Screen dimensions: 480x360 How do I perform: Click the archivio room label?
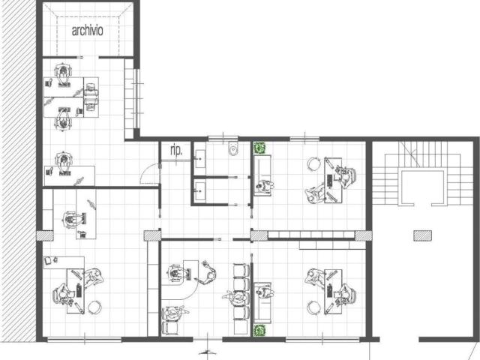87,31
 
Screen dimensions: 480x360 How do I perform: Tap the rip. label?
176,150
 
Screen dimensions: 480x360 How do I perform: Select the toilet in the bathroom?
233,148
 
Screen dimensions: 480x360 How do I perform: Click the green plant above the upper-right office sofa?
259,148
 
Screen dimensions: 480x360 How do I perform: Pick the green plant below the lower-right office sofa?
259,330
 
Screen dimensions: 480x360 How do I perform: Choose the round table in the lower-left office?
94,307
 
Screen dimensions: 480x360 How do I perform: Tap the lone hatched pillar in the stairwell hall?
422,235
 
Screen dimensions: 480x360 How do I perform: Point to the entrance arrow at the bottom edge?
207,352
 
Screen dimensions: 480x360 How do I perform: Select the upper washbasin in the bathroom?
200,159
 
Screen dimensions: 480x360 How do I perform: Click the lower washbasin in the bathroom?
200,191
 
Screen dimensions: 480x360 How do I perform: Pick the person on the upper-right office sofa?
265,186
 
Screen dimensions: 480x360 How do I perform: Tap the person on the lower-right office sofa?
265,292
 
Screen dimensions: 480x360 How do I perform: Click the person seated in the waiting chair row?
237,296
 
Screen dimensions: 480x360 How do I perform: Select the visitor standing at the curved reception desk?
208,272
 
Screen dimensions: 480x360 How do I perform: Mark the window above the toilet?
223,138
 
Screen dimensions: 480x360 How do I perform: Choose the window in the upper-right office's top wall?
305,139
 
